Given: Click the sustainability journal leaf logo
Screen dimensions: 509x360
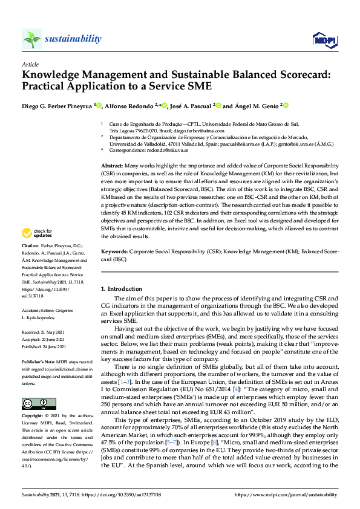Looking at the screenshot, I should coord(31,39).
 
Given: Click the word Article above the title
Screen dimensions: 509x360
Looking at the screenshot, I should coord(30,64).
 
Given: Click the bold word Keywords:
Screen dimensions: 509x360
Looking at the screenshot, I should coord(114,250).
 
